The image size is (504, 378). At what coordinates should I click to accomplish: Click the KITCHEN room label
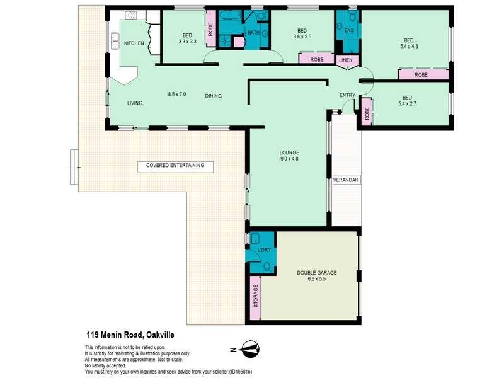134,43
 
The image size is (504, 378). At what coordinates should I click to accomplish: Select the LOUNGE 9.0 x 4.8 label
289,156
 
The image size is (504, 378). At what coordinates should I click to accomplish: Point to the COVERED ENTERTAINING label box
175,166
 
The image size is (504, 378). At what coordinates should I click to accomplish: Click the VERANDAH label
346,180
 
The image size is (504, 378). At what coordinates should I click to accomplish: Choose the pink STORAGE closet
255,297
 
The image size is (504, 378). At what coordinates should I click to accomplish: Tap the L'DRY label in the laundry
263,251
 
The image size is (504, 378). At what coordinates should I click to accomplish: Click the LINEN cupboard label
346,60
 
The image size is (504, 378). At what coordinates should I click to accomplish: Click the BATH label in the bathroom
253,33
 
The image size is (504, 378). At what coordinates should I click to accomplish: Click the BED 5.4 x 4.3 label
408,42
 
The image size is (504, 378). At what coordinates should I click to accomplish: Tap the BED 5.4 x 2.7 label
408,101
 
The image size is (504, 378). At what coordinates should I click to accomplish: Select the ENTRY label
347,96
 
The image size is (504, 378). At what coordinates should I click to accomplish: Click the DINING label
213,96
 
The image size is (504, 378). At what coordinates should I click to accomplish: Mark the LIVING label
135,103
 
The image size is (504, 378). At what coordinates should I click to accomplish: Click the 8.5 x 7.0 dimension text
176,94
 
